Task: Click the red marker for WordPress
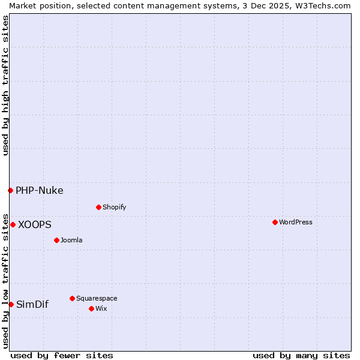(x=275, y=222)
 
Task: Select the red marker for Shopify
(x=98, y=207)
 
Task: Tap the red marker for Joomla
(x=56, y=240)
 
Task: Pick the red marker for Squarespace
(x=72, y=298)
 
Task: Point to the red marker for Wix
(x=91, y=308)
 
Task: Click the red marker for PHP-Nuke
(x=10, y=190)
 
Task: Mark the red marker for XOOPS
(x=13, y=224)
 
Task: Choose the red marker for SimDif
(x=11, y=304)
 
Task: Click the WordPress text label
(x=295, y=222)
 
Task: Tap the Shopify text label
(x=114, y=207)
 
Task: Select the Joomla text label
(x=71, y=240)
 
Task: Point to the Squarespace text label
(x=97, y=298)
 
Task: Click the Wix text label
(x=101, y=308)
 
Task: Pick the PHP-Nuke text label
(x=39, y=190)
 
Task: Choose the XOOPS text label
(x=34, y=224)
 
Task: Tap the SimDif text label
(x=32, y=304)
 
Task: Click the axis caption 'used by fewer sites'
(x=62, y=355)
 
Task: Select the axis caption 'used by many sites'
(x=301, y=355)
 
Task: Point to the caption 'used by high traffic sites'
(x=5, y=85)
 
